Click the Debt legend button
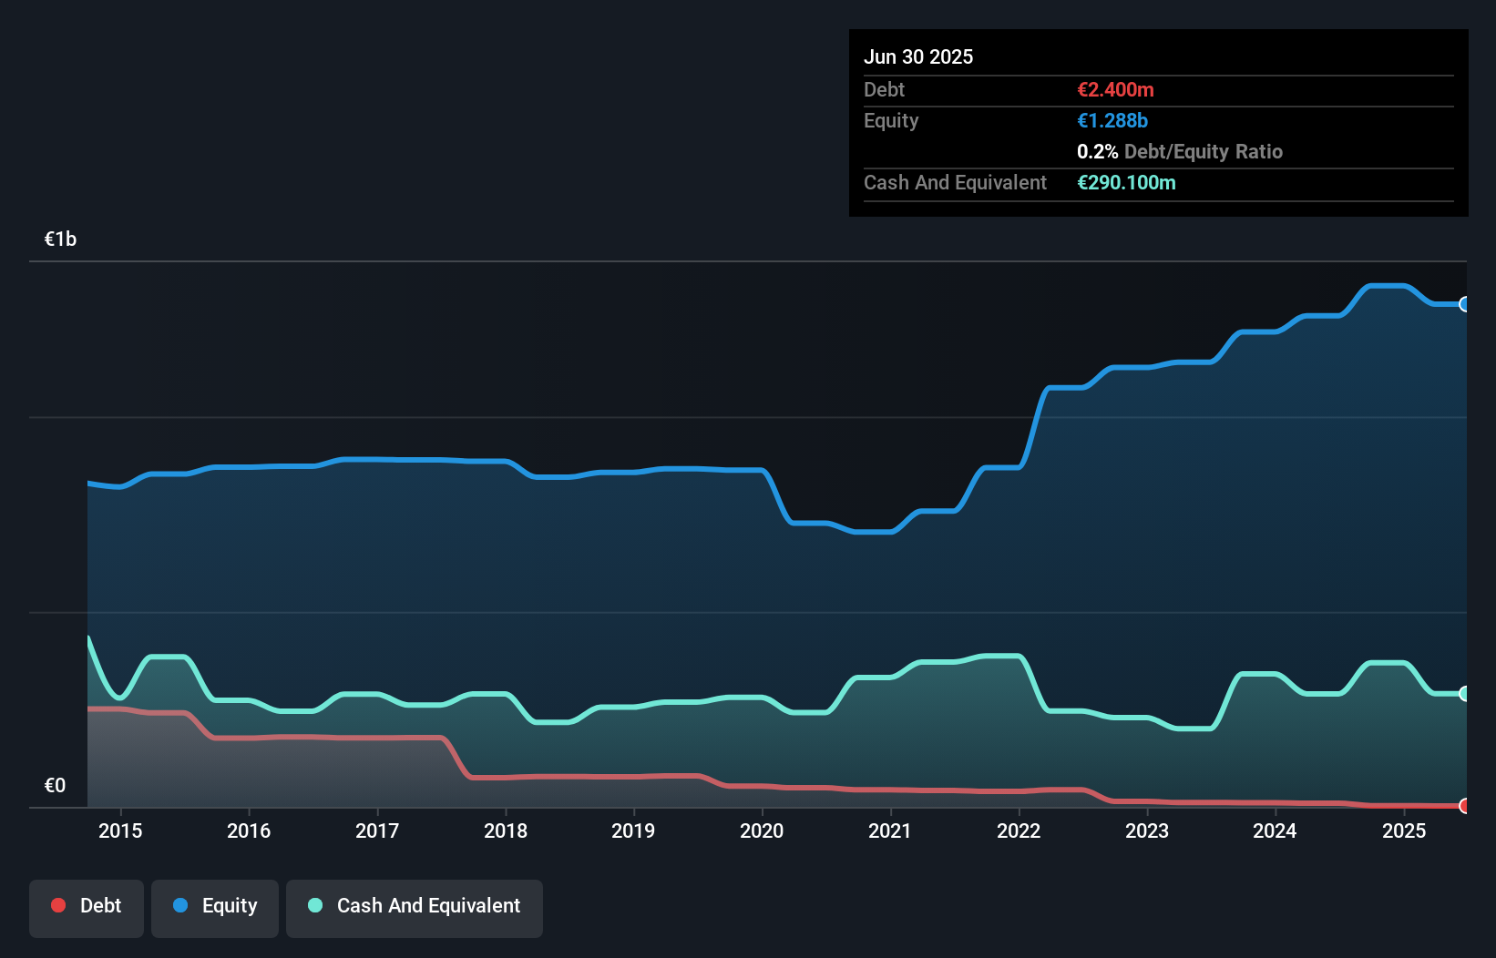coord(87,906)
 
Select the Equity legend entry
coord(215,906)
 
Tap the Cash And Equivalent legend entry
coord(415,906)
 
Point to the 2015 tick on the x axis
coord(120,831)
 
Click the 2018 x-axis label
coord(506,831)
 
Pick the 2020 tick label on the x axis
coord(762,831)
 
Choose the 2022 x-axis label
coord(1019,831)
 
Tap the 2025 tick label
coord(1404,831)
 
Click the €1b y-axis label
coord(61,239)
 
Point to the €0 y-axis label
coord(56,786)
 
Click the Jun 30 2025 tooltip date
coord(918,57)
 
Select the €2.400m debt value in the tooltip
coord(1115,90)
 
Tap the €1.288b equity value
coord(1112,121)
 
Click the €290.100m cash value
coord(1126,183)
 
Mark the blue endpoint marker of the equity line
coord(1465,304)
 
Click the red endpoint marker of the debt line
coord(1465,806)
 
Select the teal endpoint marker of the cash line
coord(1465,694)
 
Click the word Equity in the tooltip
coord(891,121)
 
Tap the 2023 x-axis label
coord(1147,831)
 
